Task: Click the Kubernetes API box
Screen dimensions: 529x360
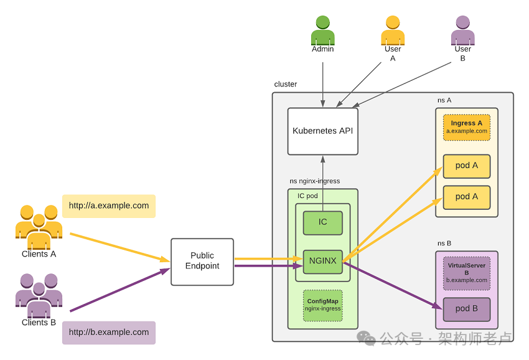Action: tap(322, 131)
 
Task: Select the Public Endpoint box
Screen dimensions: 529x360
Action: tap(202, 262)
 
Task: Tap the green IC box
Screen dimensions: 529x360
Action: tap(322, 223)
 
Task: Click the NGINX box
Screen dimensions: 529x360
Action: tap(322, 262)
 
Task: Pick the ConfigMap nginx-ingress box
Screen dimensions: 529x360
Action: tap(322, 305)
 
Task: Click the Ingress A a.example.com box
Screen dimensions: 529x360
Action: tap(466, 127)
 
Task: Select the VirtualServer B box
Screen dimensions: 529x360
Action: tap(466, 273)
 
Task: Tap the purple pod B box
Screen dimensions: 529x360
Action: tap(466, 310)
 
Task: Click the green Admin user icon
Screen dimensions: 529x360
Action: tap(322, 31)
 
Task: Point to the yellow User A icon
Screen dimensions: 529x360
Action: tap(393, 31)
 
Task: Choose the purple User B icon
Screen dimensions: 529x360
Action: tap(463, 31)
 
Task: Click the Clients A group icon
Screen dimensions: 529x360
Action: tap(39, 227)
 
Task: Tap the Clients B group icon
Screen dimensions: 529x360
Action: tap(39, 295)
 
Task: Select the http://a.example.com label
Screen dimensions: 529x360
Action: tap(109, 206)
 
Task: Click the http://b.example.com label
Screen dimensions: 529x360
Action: tap(109, 333)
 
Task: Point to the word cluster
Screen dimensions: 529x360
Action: tap(286, 84)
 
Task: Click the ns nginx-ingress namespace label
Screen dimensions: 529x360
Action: tap(314, 181)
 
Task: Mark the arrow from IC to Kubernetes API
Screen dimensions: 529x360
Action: tap(322, 183)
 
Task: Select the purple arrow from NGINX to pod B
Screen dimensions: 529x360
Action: tap(392, 285)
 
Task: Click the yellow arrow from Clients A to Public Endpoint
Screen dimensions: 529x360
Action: tap(119, 247)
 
